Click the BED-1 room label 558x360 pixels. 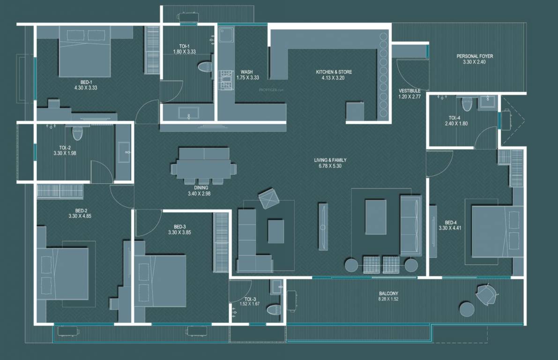point(85,82)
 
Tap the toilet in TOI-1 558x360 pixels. point(204,67)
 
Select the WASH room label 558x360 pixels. point(247,72)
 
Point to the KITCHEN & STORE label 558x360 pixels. point(334,72)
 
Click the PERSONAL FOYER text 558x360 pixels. point(475,56)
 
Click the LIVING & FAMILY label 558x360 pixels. point(330,160)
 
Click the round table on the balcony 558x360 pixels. point(467,309)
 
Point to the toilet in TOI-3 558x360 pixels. point(273,309)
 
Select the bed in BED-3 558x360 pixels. point(160,280)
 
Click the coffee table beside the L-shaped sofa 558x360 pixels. point(276,232)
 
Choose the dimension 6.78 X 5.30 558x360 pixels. point(330,166)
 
